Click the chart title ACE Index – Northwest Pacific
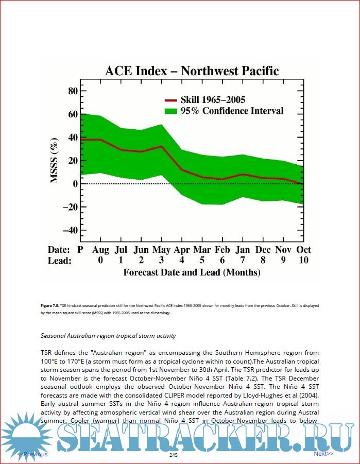(192, 71)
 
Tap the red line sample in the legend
(170, 100)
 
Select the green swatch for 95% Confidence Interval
(170, 111)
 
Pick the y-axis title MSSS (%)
(54, 160)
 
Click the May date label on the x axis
(162, 250)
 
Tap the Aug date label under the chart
(100, 250)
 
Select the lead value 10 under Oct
(303, 261)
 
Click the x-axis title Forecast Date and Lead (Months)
(192, 272)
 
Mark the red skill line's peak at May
(162, 146)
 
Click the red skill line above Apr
(182, 169)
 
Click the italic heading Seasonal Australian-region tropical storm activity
(108, 336)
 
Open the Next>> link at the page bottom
(323, 454)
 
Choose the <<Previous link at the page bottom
(32, 454)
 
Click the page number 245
(174, 455)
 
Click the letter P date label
(80, 250)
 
